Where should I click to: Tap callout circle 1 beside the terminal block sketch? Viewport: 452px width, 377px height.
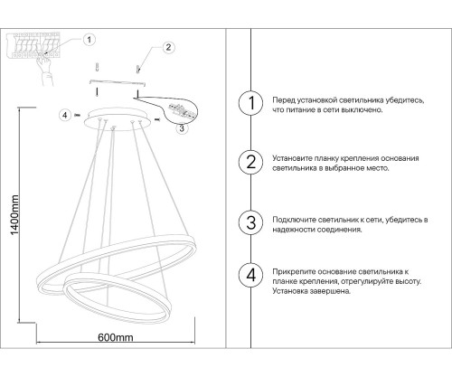[x=89, y=40]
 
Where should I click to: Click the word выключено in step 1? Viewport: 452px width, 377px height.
[x=359, y=108]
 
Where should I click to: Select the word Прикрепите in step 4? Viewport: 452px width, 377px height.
[x=293, y=271]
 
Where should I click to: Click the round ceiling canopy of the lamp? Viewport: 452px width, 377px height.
[x=113, y=118]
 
